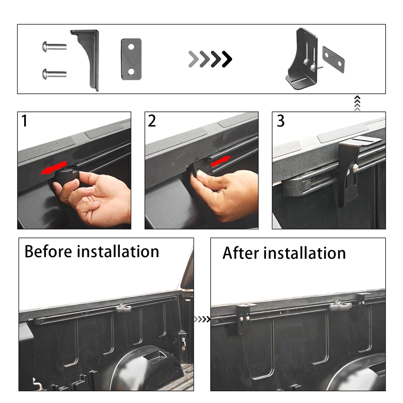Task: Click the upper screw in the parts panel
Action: tap(54, 46)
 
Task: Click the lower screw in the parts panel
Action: tap(54, 74)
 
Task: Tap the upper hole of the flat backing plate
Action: tap(131, 47)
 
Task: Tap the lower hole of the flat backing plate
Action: tap(131, 71)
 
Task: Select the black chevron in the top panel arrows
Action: tap(227, 59)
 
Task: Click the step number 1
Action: tap(25, 121)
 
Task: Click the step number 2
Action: tap(152, 121)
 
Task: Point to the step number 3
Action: tap(280, 121)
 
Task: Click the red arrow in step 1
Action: tap(54, 168)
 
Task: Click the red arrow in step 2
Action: tap(221, 161)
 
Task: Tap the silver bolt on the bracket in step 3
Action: tap(356, 168)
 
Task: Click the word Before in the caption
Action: tap(48, 251)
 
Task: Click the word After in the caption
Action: tap(241, 253)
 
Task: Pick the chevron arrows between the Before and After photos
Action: tap(202, 319)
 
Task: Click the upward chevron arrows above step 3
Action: tap(357, 103)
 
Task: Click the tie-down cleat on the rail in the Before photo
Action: tap(123, 307)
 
